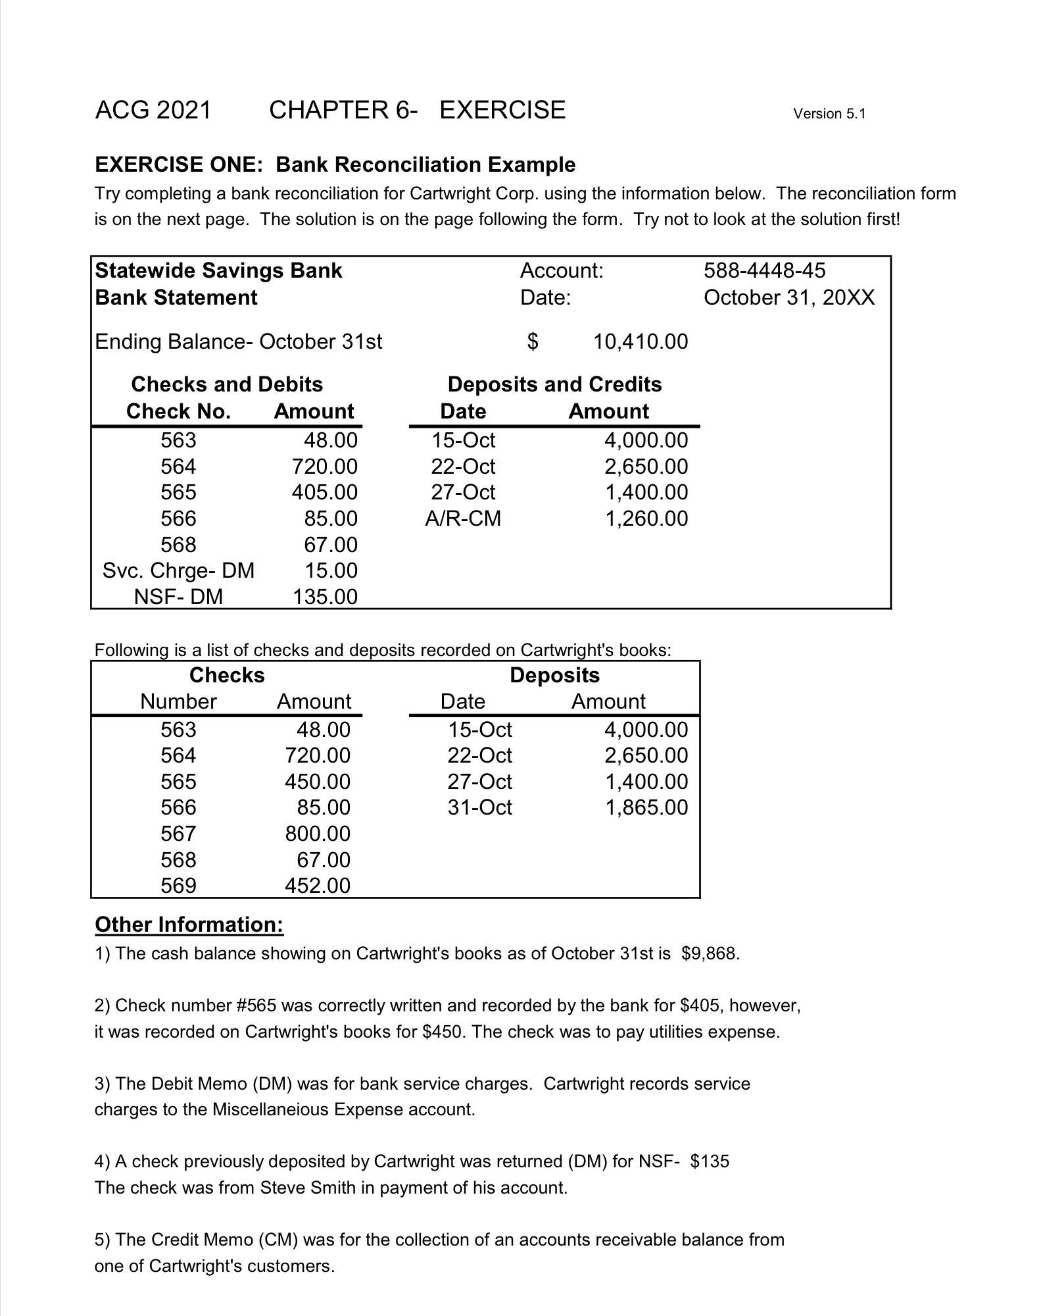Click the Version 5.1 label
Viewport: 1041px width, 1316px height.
(829, 114)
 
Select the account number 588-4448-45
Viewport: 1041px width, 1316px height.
(764, 270)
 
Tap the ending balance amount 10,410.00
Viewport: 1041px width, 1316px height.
(640, 342)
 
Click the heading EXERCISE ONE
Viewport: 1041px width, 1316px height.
(178, 164)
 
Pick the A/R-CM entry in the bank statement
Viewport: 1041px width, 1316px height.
(463, 519)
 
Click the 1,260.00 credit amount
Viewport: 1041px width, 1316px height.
(646, 519)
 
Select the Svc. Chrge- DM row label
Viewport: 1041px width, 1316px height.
(178, 570)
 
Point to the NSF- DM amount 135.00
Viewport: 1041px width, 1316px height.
(324, 597)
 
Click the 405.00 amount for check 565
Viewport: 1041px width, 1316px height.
(324, 492)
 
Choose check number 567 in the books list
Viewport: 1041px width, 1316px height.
(178, 834)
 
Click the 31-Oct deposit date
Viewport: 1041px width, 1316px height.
(479, 807)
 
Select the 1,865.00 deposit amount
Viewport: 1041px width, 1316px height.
(646, 807)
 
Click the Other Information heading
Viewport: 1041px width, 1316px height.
(189, 924)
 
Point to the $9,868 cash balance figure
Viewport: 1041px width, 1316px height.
(710, 953)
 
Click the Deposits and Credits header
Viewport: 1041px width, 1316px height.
(554, 384)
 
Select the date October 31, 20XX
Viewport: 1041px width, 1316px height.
(789, 297)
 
